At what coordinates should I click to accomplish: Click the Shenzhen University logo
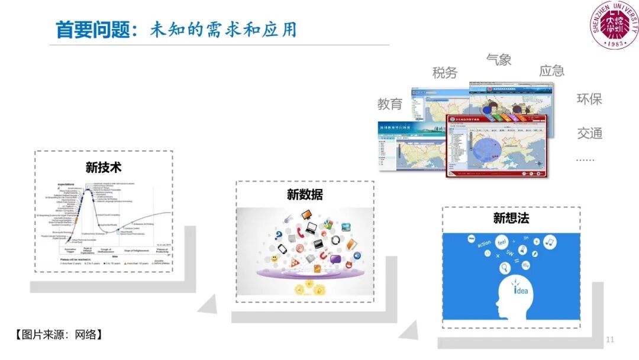(x=614, y=25)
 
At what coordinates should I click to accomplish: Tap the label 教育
(x=390, y=104)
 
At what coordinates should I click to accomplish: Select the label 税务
(x=445, y=73)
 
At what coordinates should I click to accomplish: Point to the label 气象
(x=498, y=59)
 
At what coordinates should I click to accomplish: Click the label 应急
(x=551, y=71)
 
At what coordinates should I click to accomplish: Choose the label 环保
(x=589, y=99)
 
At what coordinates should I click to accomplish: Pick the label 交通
(x=589, y=134)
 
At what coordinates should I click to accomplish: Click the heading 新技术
(x=104, y=167)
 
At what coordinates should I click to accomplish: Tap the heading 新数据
(x=305, y=194)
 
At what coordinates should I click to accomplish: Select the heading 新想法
(x=511, y=218)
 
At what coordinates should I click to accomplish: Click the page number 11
(x=610, y=340)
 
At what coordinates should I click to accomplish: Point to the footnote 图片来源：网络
(x=59, y=335)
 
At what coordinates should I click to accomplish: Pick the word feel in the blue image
(x=502, y=242)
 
